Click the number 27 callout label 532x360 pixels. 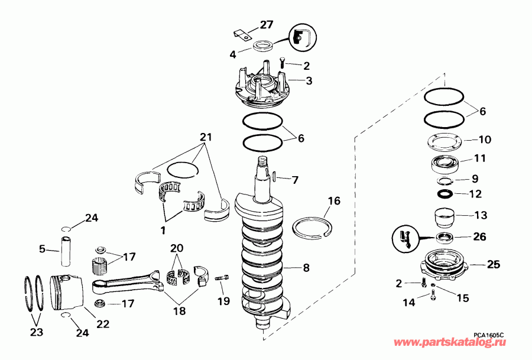265,25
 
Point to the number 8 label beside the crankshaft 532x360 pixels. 306,268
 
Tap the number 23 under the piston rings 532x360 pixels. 37,332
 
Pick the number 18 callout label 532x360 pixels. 179,311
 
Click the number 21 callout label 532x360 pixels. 205,137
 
